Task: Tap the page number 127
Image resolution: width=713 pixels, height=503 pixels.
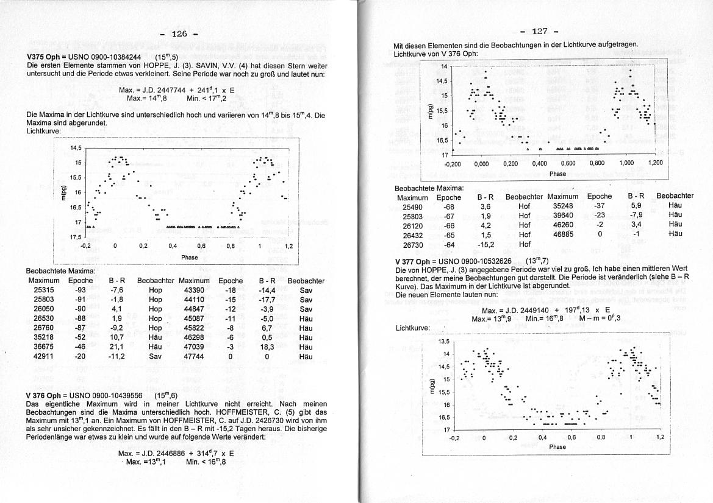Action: pyautogui.click(x=540, y=31)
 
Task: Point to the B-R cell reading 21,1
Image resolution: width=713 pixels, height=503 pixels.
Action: pyautogui.click(x=117, y=346)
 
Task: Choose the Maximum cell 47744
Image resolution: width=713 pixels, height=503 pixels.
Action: pyautogui.click(x=193, y=356)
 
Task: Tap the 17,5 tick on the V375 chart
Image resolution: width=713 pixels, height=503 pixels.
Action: pyautogui.click(x=76, y=237)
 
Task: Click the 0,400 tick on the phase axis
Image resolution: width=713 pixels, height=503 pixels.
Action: pyautogui.click(x=539, y=164)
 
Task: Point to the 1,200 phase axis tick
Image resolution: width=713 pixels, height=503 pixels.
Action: pyautogui.click(x=655, y=164)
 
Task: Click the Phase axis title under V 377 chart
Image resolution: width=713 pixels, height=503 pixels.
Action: pyautogui.click(x=557, y=447)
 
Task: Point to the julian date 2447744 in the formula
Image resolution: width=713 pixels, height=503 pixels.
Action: pyautogui.click(x=163, y=90)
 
